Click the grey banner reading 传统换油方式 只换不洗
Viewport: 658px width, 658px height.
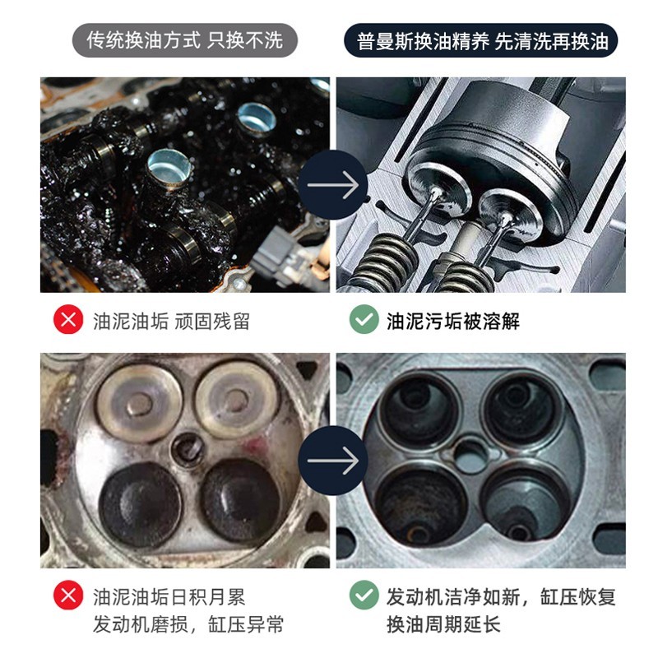[184, 40]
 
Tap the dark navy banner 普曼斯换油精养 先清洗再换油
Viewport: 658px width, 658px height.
[481, 40]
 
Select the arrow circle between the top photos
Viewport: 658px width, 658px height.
[333, 184]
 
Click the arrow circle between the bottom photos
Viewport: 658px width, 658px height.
[333, 461]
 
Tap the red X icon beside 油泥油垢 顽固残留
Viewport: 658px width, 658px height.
[68, 319]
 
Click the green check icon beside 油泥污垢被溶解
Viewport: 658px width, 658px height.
[364, 319]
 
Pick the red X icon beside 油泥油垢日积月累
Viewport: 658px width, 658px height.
[68, 595]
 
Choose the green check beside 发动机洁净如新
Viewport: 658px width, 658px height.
[364, 595]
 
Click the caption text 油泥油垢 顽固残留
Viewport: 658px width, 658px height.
[171, 322]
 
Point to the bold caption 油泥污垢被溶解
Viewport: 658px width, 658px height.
[453, 322]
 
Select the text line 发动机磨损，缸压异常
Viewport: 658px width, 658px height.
[188, 624]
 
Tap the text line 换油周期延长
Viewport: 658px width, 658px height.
[443, 624]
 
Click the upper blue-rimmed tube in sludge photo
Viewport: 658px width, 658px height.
[256, 119]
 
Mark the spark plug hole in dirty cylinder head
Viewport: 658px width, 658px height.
[188, 449]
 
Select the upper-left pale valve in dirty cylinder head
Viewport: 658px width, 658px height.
[139, 403]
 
